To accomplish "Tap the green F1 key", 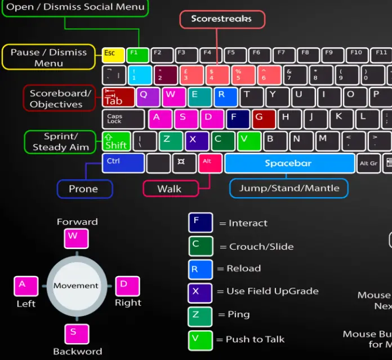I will click(x=137, y=55).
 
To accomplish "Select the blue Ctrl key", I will click(x=123, y=163).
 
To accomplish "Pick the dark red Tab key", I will click(x=118, y=97).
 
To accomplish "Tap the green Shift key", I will click(x=116, y=141).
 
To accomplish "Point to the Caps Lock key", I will click(x=123, y=119).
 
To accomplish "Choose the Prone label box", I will click(x=84, y=189).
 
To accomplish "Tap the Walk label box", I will click(x=170, y=189).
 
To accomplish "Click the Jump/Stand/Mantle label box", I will click(x=288, y=188).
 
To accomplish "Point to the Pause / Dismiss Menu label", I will click(x=48, y=57).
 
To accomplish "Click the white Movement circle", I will click(x=75, y=286).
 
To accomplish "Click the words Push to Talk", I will click(x=255, y=339).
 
